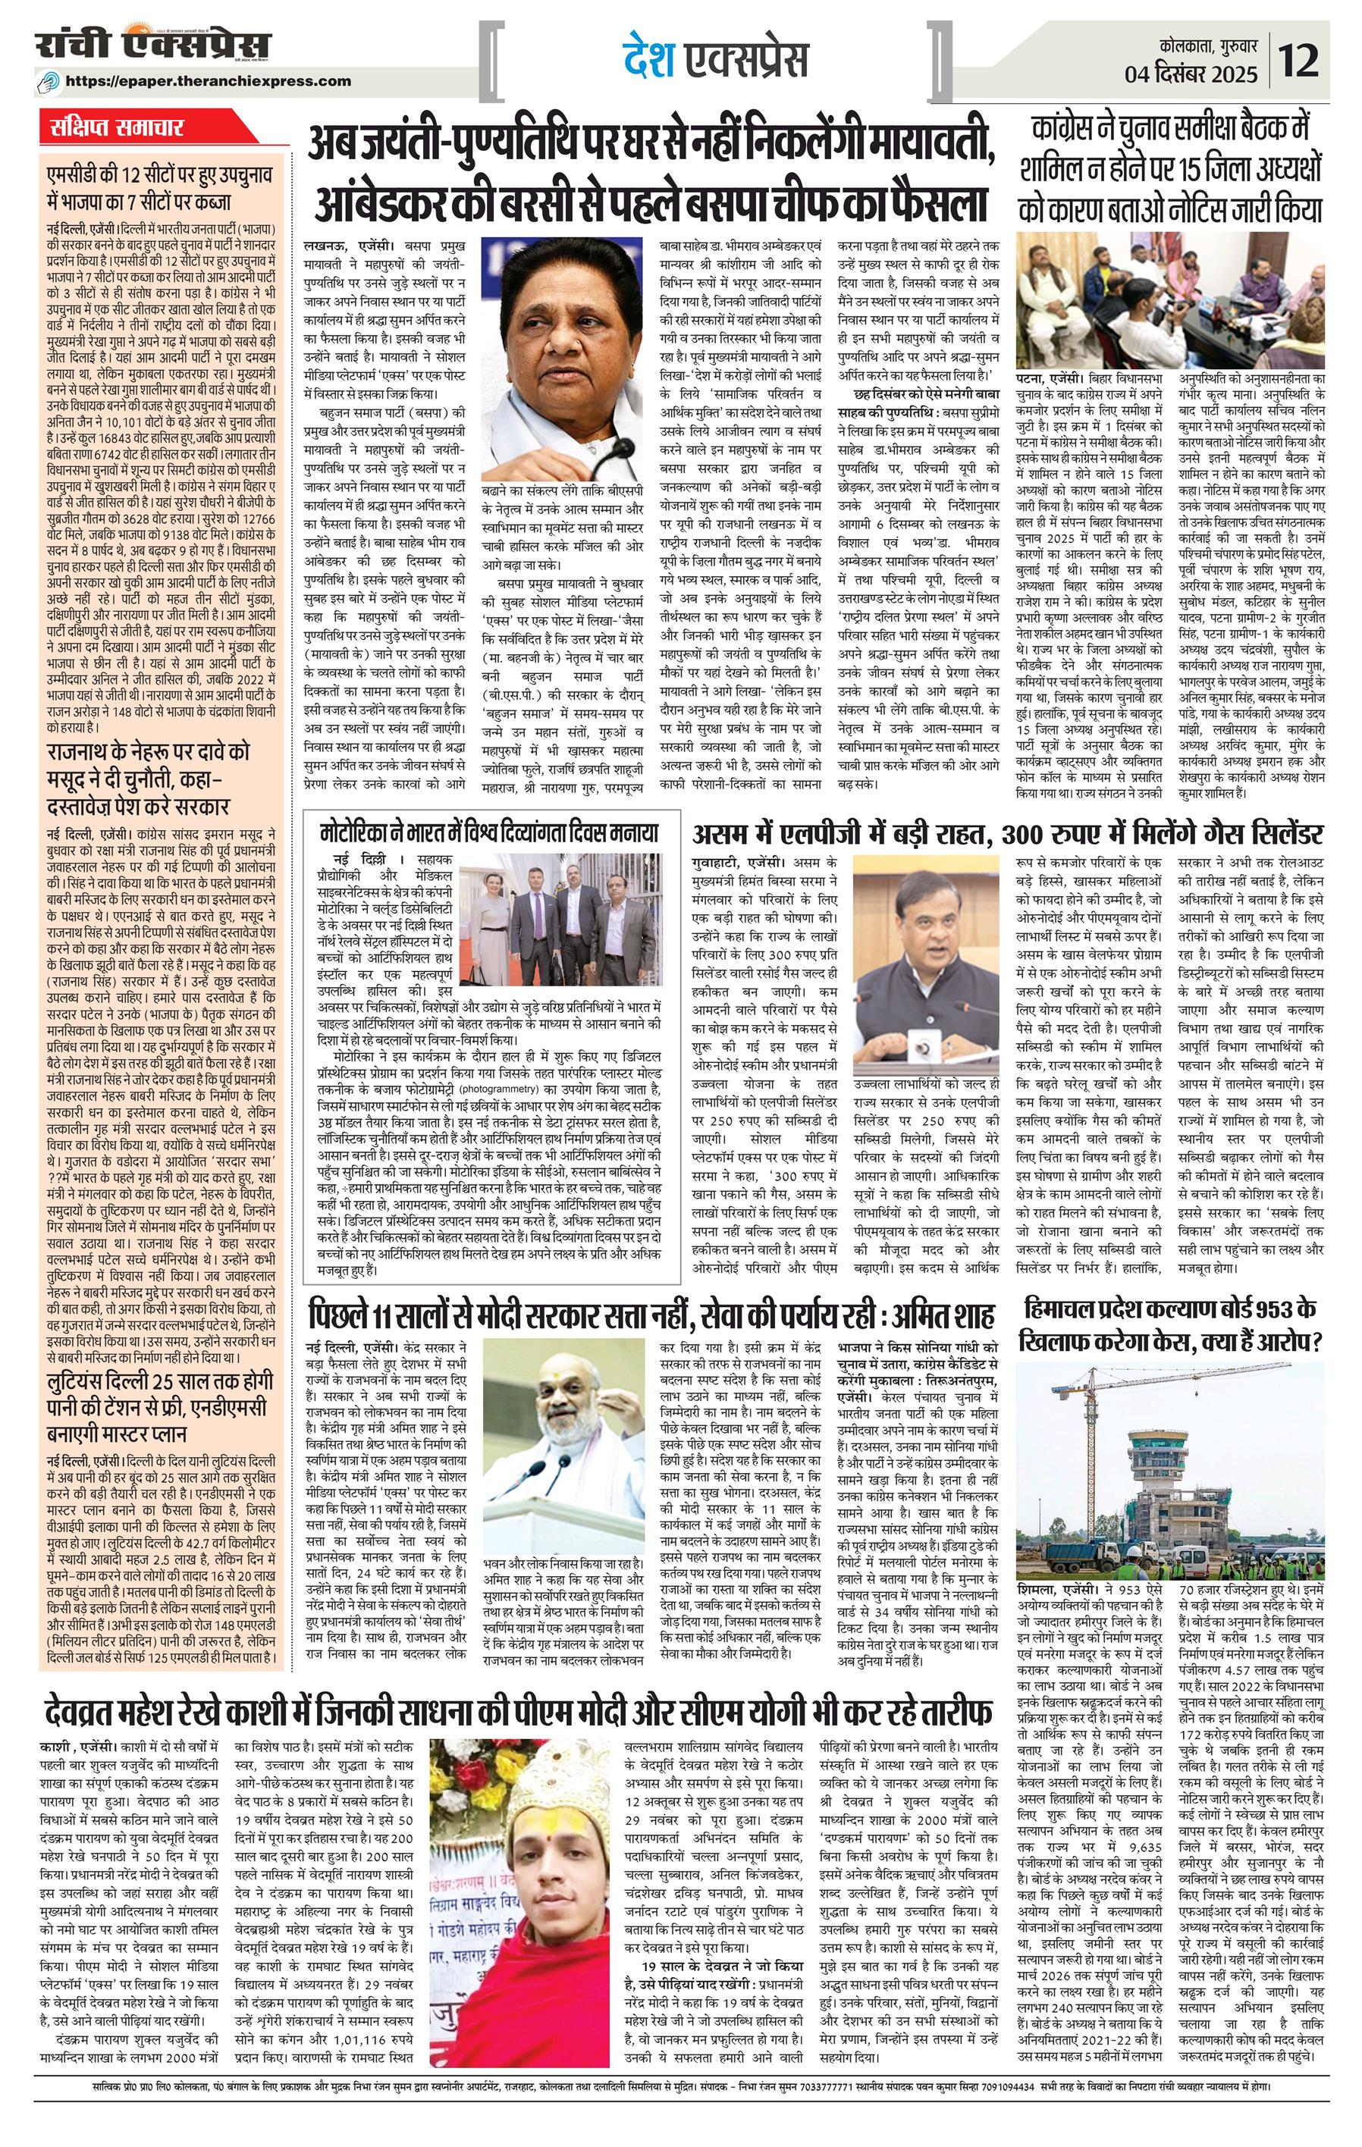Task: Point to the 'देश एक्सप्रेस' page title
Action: (714, 61)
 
